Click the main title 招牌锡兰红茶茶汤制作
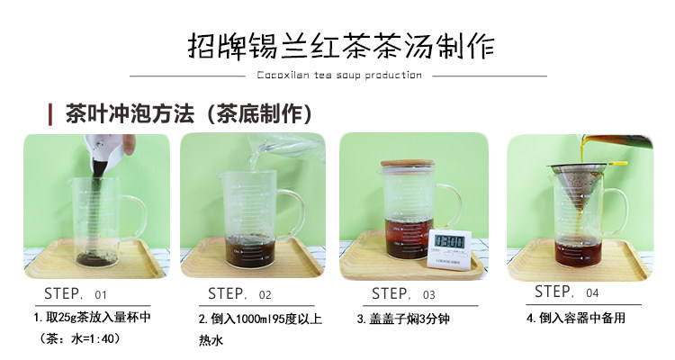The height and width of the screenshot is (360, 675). [340, 46]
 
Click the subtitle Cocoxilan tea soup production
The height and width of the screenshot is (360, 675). [339, 76]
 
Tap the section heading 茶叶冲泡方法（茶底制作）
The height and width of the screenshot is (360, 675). [189, 114]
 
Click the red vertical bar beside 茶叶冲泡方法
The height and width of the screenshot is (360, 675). [50, 114]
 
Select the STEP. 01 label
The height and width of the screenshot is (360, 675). [75, 293]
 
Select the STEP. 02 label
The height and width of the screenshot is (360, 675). [239, 293]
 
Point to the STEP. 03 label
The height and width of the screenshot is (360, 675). [403, 293]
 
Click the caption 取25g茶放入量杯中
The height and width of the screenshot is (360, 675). [92, 318]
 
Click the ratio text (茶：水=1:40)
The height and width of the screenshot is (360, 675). [79, 338]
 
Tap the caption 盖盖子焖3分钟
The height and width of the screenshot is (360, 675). [403, 319]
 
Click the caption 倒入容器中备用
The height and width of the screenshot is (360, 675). [576, 319]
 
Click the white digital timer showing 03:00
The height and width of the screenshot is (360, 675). [448, 248]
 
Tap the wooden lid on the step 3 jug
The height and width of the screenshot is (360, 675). [407, 164]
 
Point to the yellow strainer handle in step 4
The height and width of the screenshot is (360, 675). [617, 163]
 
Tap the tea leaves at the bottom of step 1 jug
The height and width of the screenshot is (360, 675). [96, 259]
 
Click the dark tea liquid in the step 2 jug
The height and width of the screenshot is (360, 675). [250, 250]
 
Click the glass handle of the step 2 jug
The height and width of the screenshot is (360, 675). [293, 214]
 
